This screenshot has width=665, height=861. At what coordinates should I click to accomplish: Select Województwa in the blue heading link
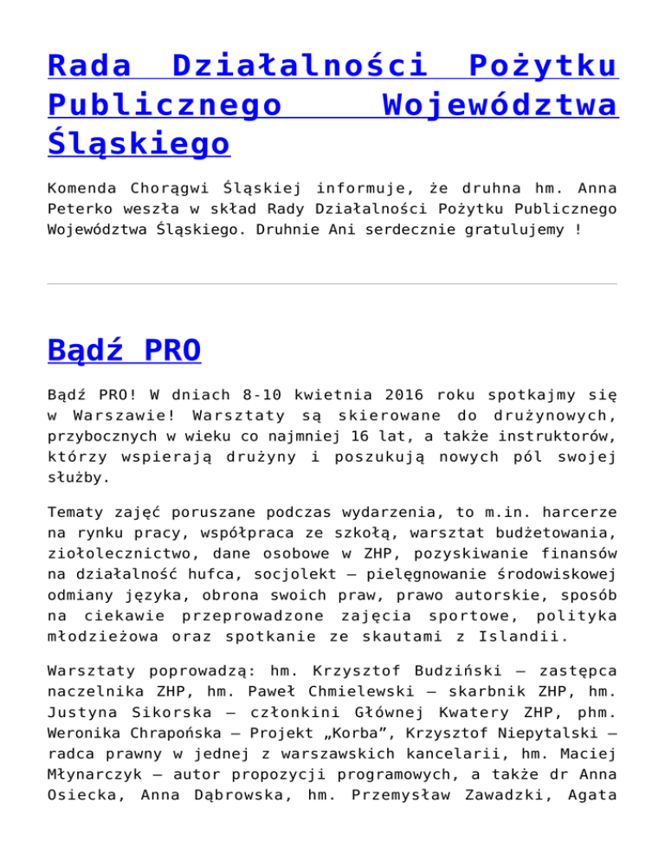pyautogui.click(x=500, y=105)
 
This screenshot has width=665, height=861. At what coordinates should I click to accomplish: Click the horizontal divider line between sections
pyautogui.click(x=332, y=283)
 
